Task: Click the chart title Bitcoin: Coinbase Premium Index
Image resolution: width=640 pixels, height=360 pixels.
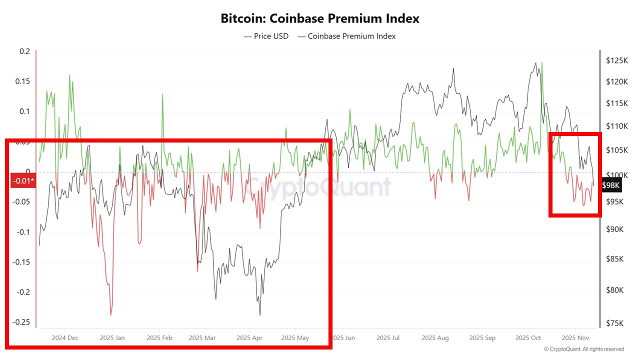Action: pyautogui.click(x=320, y=18)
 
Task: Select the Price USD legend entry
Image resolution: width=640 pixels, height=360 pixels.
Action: pyautogui.click(x=266, y=36)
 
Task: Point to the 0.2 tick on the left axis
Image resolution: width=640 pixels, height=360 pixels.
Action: pyautogui.click(x=25, y=51)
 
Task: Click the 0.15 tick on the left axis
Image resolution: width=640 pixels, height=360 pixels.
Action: pyautogui.click(x=23, y=81)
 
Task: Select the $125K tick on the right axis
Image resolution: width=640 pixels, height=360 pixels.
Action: pyautogui.click(x=616, y=60)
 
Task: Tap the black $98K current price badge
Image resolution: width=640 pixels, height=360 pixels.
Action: pyautogui.click(x=611, y=185)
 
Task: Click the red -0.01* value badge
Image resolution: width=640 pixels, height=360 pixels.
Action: pyautogui.click(x=23, y=180)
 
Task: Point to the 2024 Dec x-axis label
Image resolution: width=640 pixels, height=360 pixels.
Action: pyautogui.click(x=65, y=338)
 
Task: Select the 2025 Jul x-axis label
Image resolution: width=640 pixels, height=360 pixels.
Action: pyautogui.click(x=388, y=338)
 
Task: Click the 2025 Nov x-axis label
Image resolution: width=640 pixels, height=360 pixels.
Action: pyautogui.click(x=575, y=338)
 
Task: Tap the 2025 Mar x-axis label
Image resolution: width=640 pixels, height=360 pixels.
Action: pyautogui.click(x=202, y=338)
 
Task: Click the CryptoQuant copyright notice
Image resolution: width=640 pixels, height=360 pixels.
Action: pyautogui.click(x=583, y=349)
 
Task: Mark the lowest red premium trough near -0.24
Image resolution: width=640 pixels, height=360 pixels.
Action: pyautogui.click(x=110, y=315)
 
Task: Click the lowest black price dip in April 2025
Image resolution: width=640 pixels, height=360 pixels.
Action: pyautogui.click(x=260, y=315)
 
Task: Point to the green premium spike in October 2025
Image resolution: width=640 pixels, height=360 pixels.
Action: pyautogui.click(x=542, y=63)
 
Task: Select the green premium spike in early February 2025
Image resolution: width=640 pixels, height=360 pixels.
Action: pyautogui.click(x=162, y=94)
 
